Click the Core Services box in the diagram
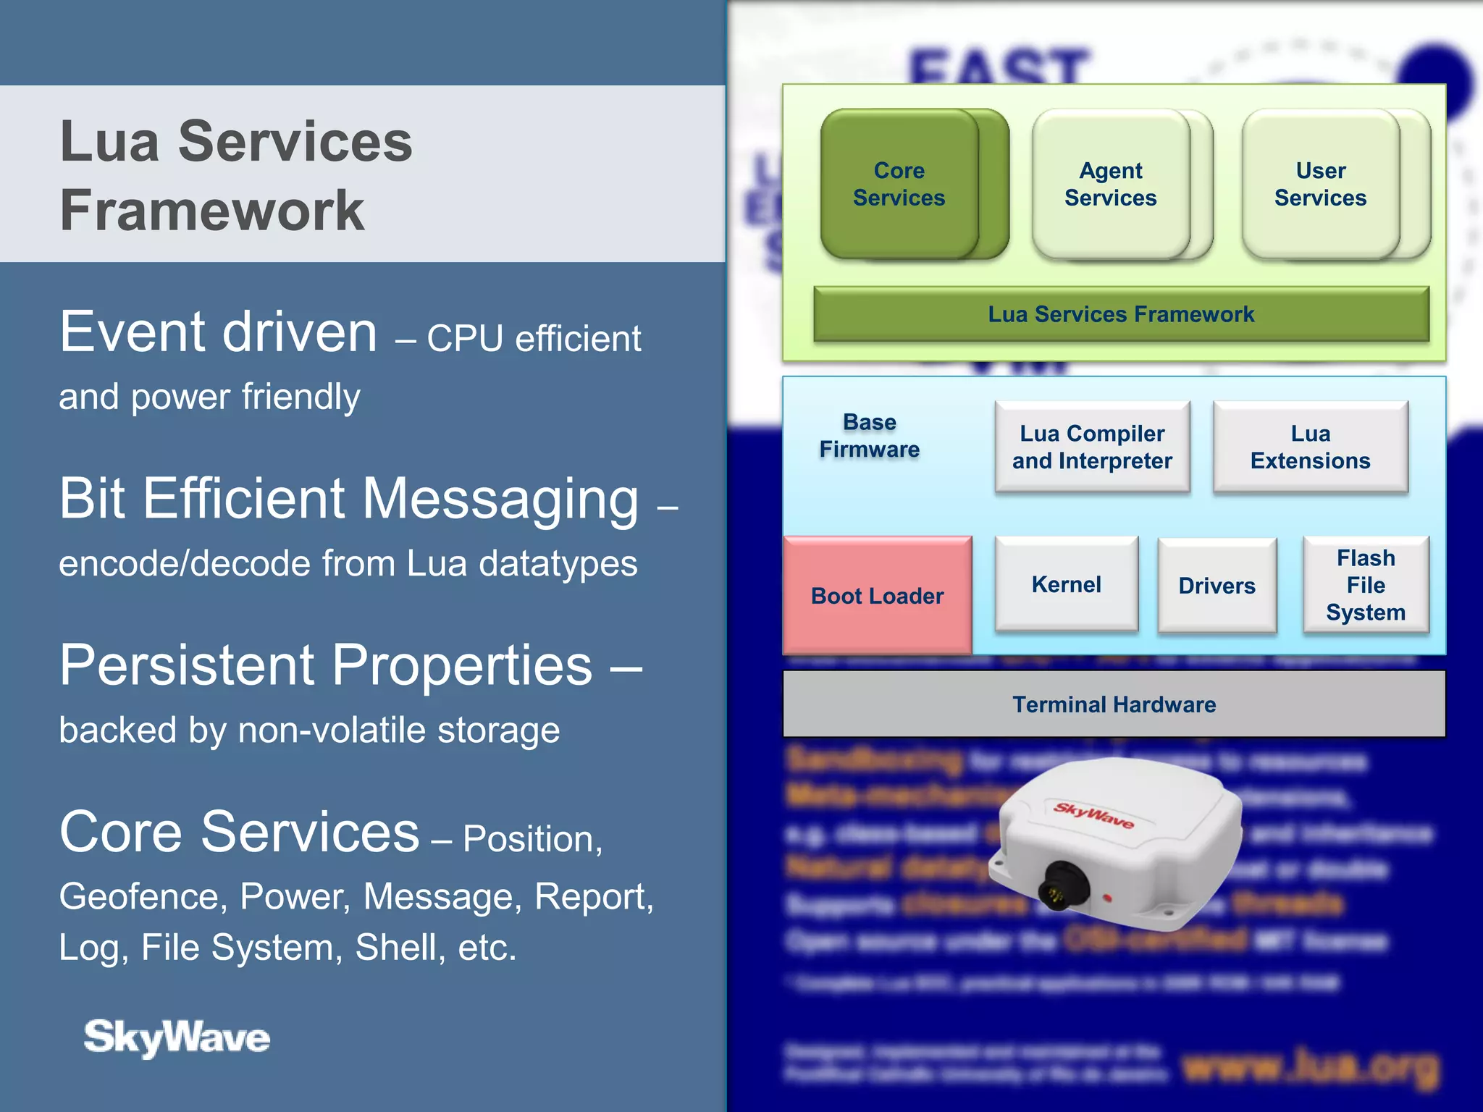pos(899,184)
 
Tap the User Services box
pos(1320,184)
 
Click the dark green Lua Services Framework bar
pos(1121,314)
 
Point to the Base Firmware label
pos(870,436)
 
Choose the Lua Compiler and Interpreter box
pos(1092,447)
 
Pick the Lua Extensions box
pos(1310,447)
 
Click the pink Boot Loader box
pos(877,595)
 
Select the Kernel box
pos(1066,584)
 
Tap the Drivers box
pos(1217,586)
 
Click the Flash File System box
pos(1366,585)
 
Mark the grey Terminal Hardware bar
pos(1114,704)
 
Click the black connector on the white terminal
pos(1063,885)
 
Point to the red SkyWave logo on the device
pos(1093,815)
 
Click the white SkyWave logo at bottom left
pos(177,1037)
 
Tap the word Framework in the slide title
pos(211,211)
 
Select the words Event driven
pos(218,332)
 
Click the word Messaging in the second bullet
pos(500,500)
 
